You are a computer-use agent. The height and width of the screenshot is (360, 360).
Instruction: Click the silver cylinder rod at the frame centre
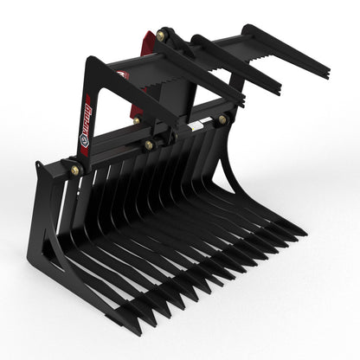196,126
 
